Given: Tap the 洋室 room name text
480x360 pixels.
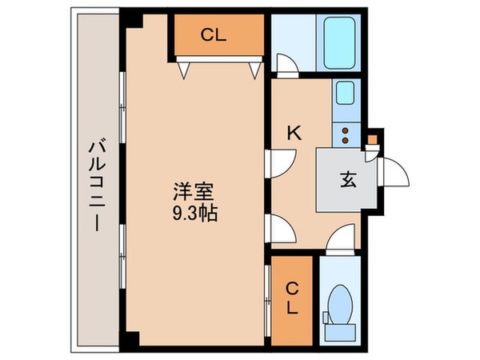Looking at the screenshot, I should (194, 193).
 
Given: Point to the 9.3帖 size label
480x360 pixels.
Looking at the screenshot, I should (194, 214).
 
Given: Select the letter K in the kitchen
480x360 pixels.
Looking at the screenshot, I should (294, 134).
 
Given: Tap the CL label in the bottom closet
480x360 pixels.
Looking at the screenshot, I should (293, 297).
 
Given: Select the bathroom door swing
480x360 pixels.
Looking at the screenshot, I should (286, 65).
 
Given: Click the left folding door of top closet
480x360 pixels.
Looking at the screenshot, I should (183, 70).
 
